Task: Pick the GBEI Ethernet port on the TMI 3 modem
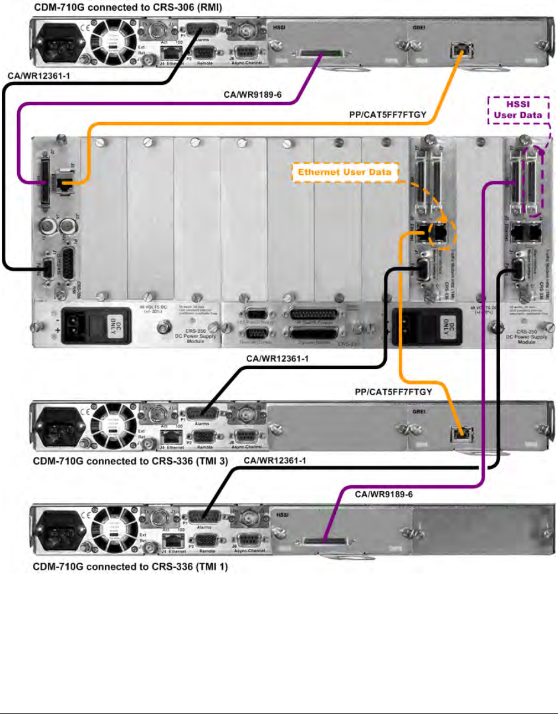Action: click(457, 433)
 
